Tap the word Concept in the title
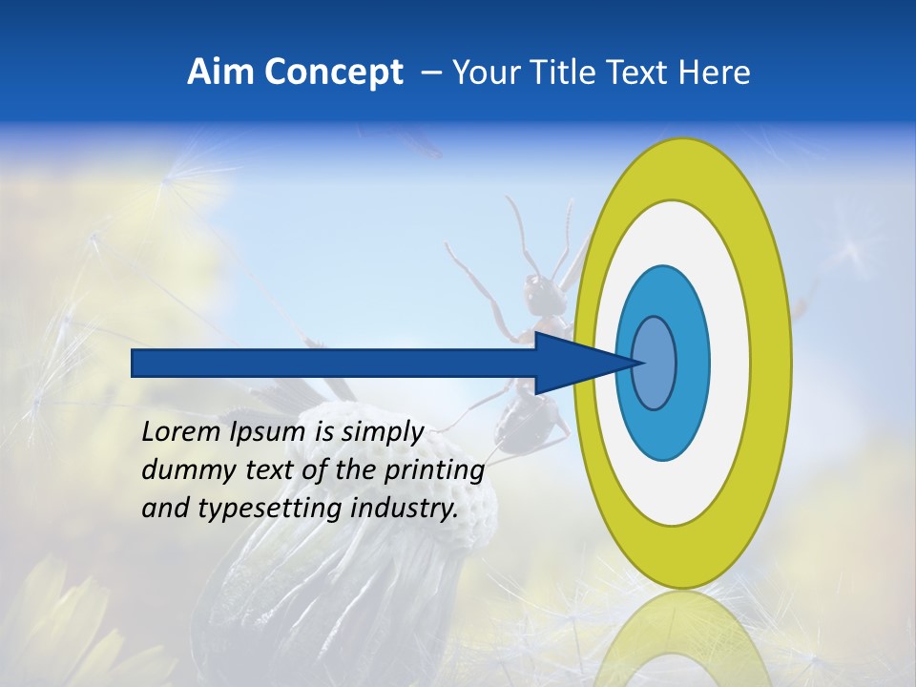point(332,73)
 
